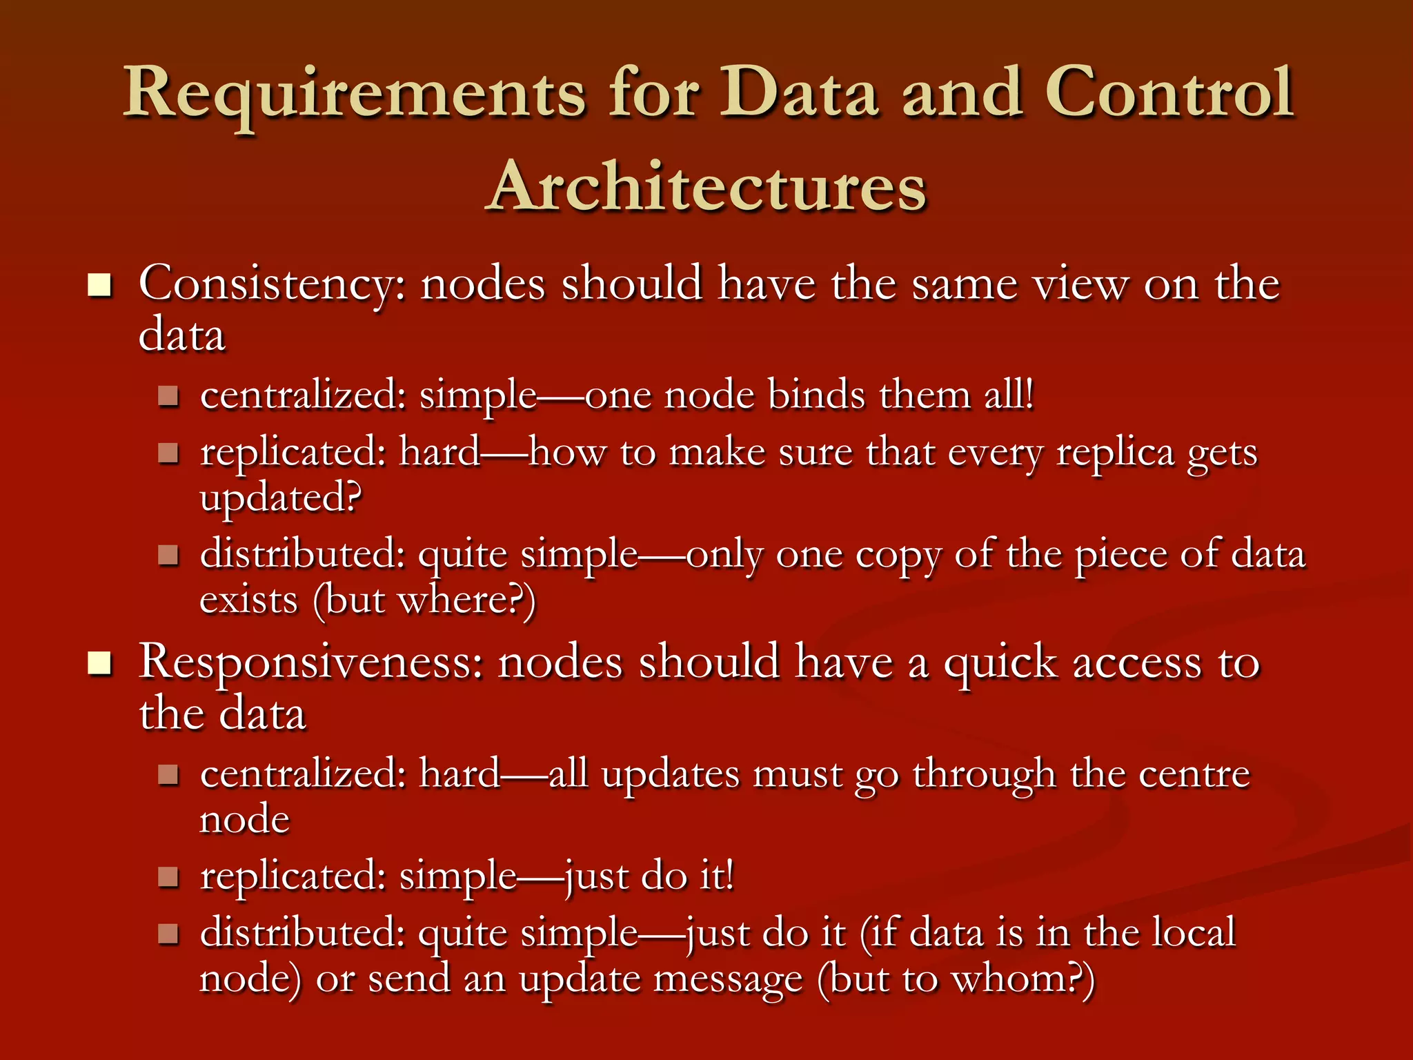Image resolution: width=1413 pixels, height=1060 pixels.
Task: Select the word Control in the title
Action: [1169, 92]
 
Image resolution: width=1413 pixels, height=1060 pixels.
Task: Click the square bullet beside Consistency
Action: [100, 284]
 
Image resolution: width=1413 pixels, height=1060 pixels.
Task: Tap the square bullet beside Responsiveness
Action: [100, 663]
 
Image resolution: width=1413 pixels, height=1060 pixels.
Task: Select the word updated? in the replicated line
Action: [280, 498]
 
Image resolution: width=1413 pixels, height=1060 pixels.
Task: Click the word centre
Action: [1194, 774]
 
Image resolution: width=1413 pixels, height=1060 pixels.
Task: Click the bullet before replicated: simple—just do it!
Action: [168, 877]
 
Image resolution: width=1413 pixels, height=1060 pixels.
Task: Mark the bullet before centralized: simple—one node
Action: [168, 396]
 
